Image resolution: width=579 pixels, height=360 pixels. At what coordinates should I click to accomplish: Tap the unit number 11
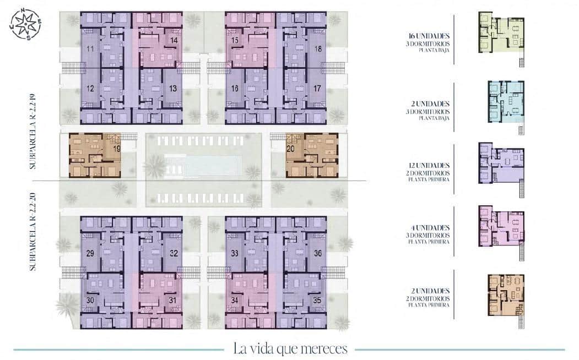pyautogui.click(x=89, y=50)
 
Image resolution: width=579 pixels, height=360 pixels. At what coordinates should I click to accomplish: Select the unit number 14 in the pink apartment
pyautogui.click(x=174, y=41)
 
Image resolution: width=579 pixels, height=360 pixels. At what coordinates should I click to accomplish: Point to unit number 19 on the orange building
pyautogui.click(x=117, y=149)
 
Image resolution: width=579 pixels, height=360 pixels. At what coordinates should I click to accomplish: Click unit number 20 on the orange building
pyautogui.click(x=291, y=149)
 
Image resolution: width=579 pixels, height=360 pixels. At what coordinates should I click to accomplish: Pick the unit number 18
pyautogui.click(x=318, y=50)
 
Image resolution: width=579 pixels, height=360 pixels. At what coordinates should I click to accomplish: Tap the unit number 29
pyautogui.click(x=89, y=254)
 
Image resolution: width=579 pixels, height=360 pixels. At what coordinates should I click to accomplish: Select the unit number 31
pyautogui.click(x=173, y=301)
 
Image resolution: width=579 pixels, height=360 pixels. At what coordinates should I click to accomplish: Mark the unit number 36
pyautogui.click(x=318, y=254)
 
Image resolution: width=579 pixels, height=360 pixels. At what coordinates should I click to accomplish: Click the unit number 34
pyautogui.click(x=234, y=301)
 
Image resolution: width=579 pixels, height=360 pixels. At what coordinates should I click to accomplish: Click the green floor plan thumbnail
pyautogui.click(x=501, y=35)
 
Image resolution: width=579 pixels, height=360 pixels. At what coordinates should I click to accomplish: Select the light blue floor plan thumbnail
pyautogui.click(x=506, y=102)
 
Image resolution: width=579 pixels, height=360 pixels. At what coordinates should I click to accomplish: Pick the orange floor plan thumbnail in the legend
pyautogui.click(x=506, y=295)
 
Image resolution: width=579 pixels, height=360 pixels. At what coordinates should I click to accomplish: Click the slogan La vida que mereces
pyautogui.click(x=290, y=348)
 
